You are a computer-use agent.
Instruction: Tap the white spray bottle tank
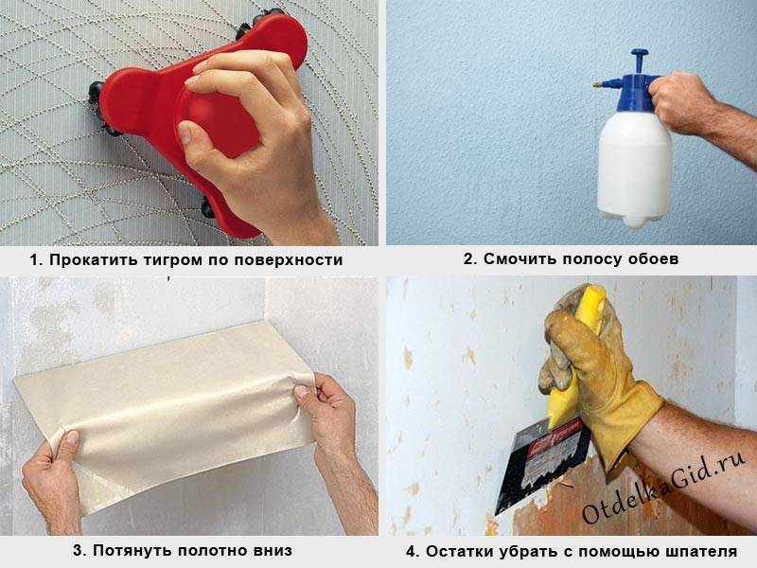pyautogui.click(x=634, y=169)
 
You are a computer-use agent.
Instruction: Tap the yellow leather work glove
pyautogui.click(x=599, y=382)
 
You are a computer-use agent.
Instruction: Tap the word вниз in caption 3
pyautogui.click(x=273, y=550)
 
